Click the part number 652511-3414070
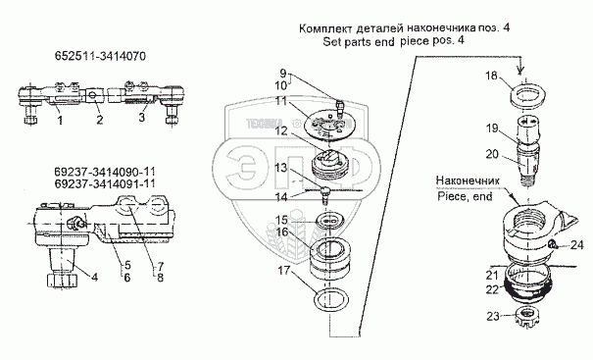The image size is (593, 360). pyautogui.click(x=100, y=57)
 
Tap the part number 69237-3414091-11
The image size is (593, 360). pyautogui.click(x=104, y=183)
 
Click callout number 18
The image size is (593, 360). pyautogui.click(x=492, y=76)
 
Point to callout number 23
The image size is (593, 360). pyautogui.click(x=493, y=316)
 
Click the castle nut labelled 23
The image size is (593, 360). pyautogui.click(x=527, y=316)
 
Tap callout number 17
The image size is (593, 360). pyautogui.click(x=284, y=271)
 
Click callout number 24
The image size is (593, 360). pyautogui.click(x=577, y=245)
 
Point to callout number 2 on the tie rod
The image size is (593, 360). pyautogui.click(x=99, y=120)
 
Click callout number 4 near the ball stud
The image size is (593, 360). pyautogui.click(x=94, y=278)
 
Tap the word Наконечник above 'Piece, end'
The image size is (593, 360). pyautogui.click(x=468, y=180)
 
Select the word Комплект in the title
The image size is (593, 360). pyautogui.click(x=325, y=28)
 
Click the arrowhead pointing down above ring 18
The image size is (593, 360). pyautogui.click(x=521, y=70)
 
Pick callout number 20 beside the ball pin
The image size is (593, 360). pyautogui.click(x=492, y=154)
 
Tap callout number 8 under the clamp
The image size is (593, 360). pyautogui.click(x=160, y=278)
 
